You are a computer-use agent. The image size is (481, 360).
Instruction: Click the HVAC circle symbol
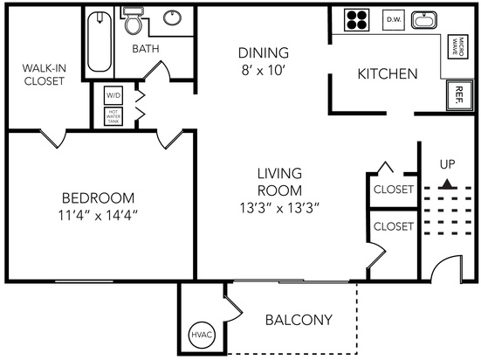(x=202, y=335)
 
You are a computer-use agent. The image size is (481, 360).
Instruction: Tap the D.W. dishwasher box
(x=394, y=20)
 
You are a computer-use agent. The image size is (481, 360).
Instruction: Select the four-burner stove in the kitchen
(x=356, y=19)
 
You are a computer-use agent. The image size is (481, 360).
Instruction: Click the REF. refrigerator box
(x=459, y=95)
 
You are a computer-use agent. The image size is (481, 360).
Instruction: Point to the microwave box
(x=458, y=46)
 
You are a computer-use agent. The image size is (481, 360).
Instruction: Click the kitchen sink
(x=424, y=20)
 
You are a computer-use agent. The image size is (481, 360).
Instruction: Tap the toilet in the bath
(x=134, y=21)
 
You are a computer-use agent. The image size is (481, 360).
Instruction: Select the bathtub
(x=100, y=41)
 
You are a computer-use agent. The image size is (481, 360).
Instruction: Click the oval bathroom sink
(x=172, y=17)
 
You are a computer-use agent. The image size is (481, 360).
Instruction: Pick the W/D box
(x=113, y=95)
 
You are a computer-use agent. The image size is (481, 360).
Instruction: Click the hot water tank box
(x=113, y=116)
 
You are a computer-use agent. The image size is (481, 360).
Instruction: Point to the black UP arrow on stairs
(x=448, y=183)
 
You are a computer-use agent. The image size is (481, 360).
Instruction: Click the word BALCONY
(x=299, y=320)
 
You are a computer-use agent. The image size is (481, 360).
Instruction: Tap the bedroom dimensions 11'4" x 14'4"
(x=98, y=215)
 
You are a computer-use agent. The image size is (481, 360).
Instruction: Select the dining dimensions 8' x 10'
(x=264, y=71)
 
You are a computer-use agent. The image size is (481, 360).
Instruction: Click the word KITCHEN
(x=388, y=73)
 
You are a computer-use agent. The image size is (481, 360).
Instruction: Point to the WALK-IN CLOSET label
(x=45, y=74)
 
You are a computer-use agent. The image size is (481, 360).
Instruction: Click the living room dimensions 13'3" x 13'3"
(x=279, y=208)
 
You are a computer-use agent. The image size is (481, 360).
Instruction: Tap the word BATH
(x=146, y=49)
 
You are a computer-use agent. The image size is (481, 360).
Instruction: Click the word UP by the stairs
(x=448, y=164)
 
